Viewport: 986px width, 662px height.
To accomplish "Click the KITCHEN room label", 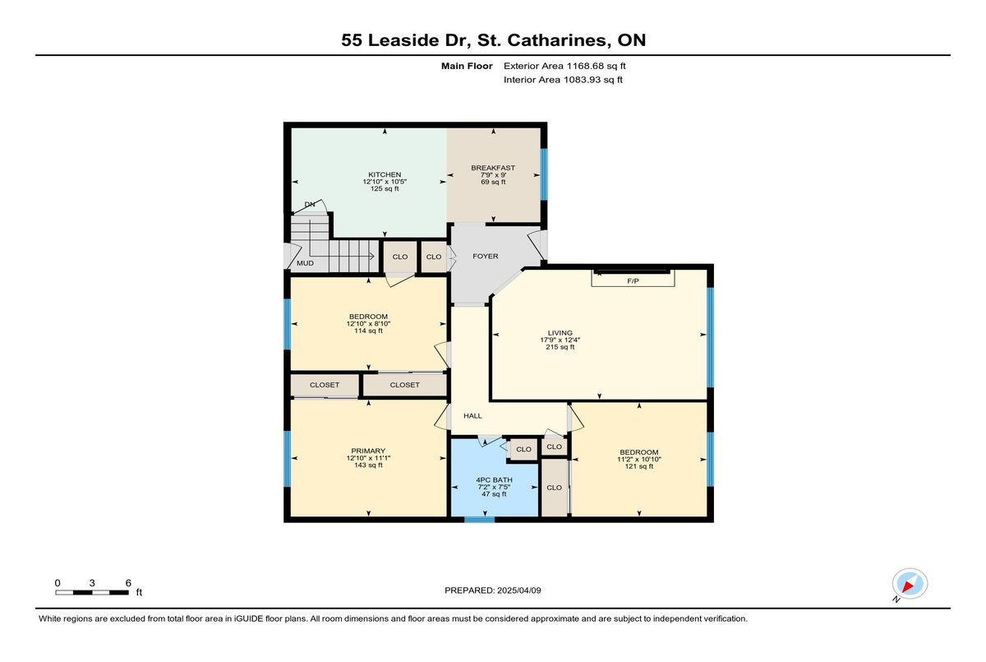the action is coord(385,175).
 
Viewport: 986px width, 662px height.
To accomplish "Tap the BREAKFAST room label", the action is coord(493,168).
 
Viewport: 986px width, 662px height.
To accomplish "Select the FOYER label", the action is coord(486,256).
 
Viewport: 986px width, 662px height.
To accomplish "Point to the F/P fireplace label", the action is coord(633,280).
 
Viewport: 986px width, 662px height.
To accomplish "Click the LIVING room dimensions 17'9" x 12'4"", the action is coord(560,340).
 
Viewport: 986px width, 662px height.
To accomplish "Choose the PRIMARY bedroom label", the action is coord(368,451).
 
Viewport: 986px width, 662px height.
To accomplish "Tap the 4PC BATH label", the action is coord(494,479).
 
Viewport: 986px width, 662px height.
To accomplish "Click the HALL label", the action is coord(472,415).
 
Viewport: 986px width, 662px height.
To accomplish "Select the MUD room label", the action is coord(305,263).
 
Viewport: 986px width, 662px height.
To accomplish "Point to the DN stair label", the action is coord(310,205).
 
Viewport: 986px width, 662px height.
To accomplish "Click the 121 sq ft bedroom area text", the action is coord(639,466).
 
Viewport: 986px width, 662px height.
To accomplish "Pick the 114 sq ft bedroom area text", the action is coord(368,331).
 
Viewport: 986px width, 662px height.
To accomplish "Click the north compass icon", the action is coord(910,584).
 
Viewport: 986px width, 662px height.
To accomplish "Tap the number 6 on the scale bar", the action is coord(128,583).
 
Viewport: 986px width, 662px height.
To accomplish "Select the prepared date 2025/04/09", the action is coord(519,590).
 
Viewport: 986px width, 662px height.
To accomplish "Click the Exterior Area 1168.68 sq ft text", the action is coord(564,66).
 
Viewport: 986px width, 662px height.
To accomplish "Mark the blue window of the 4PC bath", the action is coord(479,520).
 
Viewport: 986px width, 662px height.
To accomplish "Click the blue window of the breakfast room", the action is coord(544,174).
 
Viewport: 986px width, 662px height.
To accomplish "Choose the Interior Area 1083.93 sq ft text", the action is coord(563,80).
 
